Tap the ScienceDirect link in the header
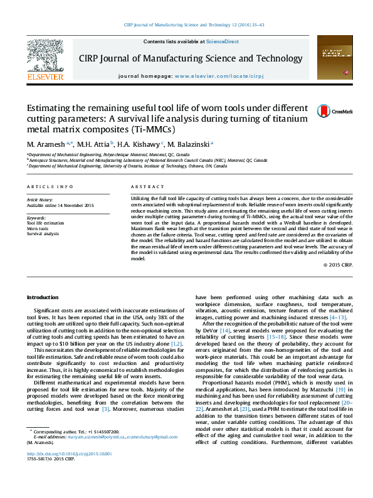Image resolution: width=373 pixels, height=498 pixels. pos(223,41)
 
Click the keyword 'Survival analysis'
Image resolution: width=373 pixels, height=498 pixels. pos(44,234)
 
